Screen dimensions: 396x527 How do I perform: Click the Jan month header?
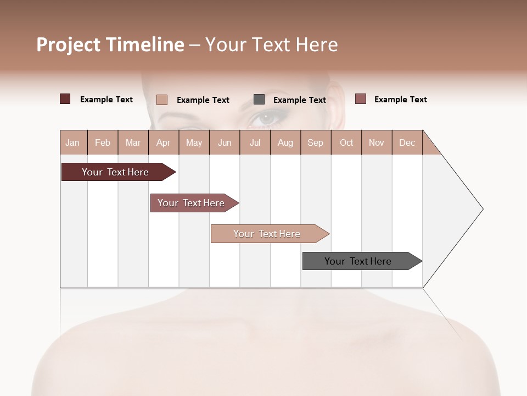point(72,142)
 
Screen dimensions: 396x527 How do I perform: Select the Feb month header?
point(103,142)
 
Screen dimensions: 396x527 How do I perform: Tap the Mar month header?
point(133,142)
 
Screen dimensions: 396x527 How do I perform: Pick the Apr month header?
point(163,142)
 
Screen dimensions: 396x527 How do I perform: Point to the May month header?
point(194,142)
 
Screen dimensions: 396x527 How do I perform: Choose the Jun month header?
point(225,142)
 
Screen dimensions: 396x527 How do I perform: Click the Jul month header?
point(255,142)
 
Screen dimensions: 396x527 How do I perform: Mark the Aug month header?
point(285,142)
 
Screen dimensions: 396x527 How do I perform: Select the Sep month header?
point(316,142)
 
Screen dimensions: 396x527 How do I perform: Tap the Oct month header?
point(346,142)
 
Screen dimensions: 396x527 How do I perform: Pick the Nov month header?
point(377,142)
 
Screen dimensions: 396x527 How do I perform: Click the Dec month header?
point(407,142)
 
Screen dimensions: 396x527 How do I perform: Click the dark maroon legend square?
point(65,99)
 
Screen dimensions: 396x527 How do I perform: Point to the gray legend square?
point(259,100)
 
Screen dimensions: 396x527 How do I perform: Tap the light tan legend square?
point(162,100)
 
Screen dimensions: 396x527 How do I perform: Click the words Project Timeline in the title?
point(110,45)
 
